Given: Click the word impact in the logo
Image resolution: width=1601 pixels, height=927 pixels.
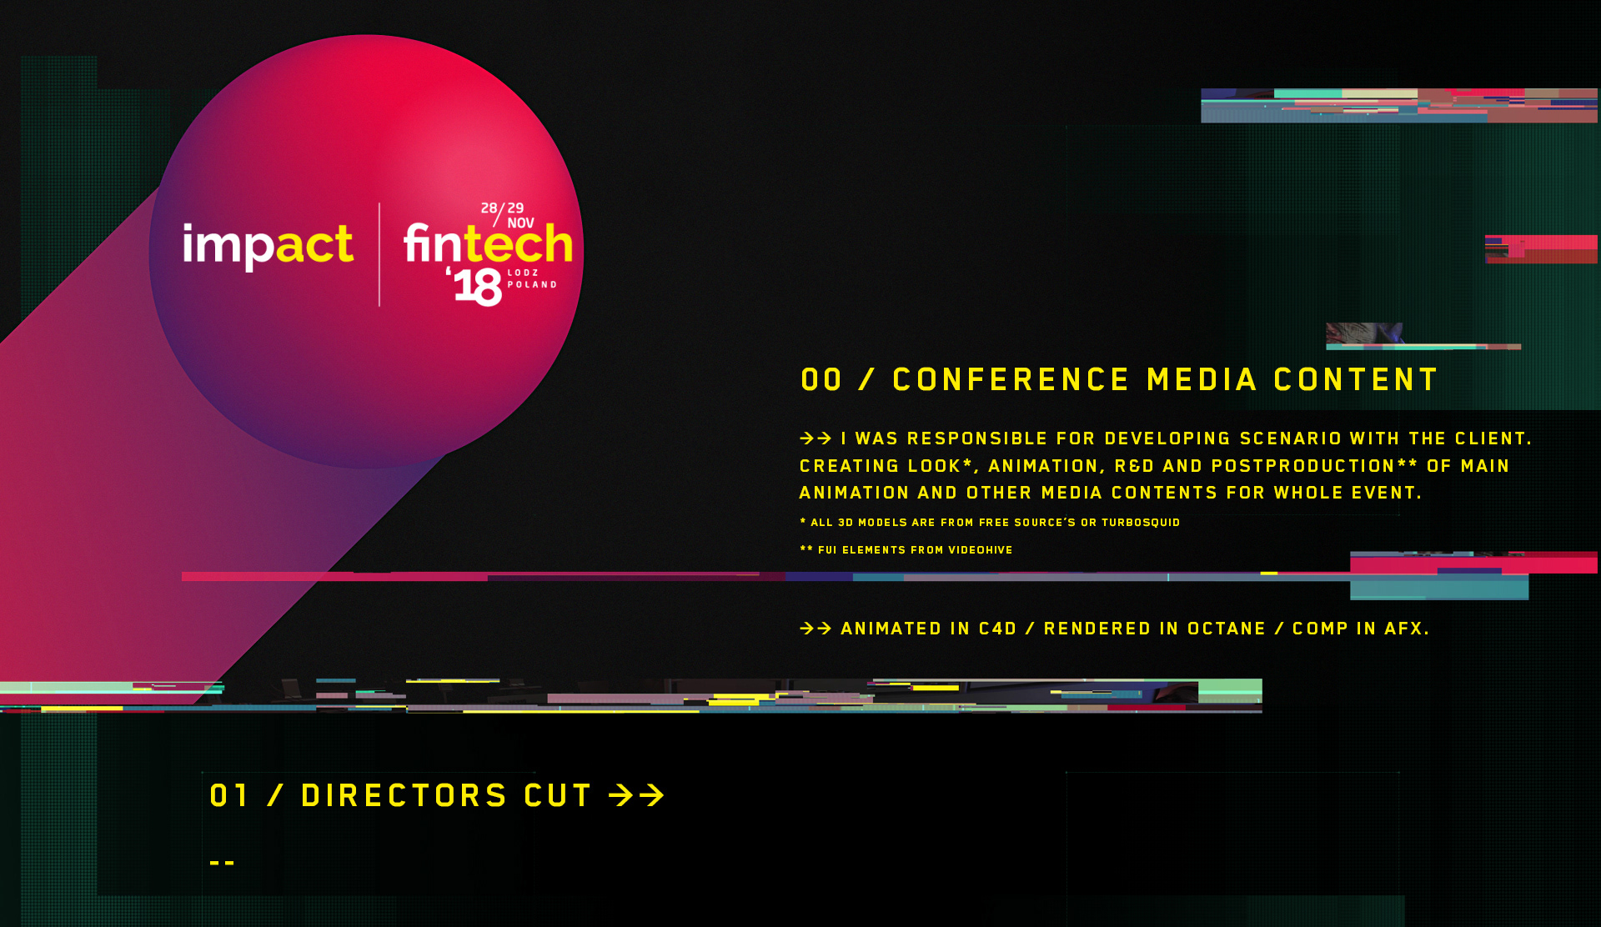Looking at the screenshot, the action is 268,245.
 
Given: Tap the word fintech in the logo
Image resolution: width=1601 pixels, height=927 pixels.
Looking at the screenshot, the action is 489,243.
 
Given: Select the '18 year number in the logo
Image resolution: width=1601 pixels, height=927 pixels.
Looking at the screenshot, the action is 474,286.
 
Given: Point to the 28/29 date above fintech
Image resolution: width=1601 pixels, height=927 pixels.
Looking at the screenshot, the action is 502,209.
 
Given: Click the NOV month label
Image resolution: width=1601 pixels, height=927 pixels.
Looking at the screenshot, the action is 520,223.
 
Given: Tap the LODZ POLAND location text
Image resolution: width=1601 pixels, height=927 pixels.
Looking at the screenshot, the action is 532,278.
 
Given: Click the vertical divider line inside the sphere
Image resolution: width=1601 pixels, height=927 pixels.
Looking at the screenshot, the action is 379,254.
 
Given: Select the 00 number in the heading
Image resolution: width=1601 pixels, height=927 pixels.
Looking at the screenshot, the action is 821,380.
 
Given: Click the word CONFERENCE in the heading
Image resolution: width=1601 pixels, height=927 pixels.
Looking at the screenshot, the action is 1011,380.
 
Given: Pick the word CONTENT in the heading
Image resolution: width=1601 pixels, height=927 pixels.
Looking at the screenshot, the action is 1355,380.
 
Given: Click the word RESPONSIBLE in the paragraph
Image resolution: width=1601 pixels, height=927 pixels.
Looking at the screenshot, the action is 977,438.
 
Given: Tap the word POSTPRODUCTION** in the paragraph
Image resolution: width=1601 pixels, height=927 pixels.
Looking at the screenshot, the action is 1314,466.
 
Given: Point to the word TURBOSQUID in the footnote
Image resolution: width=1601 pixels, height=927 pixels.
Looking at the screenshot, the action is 1141,523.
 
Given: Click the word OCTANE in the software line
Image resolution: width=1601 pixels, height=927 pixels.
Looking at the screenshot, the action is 1227,629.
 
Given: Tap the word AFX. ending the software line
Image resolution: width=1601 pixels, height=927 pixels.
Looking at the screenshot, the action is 1407,629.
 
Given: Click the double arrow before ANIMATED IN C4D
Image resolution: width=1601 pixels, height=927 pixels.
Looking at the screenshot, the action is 816,629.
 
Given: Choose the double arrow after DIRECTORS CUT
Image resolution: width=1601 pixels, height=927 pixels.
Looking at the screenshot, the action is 637,795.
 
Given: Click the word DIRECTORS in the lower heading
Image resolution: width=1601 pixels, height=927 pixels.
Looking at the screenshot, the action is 404,795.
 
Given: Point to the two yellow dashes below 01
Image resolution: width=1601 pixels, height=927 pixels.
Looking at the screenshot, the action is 222,863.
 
